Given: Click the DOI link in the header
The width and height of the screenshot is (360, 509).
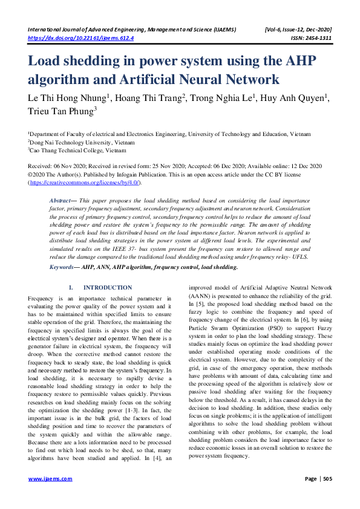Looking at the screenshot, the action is (x=81, y=37).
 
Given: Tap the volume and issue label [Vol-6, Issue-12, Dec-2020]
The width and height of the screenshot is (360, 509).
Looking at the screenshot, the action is (x=298, y=29).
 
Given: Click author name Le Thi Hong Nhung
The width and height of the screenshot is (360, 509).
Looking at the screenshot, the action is (x=67, y=99).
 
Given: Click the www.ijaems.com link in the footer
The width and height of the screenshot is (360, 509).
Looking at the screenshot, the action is (x=51, y=479).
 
